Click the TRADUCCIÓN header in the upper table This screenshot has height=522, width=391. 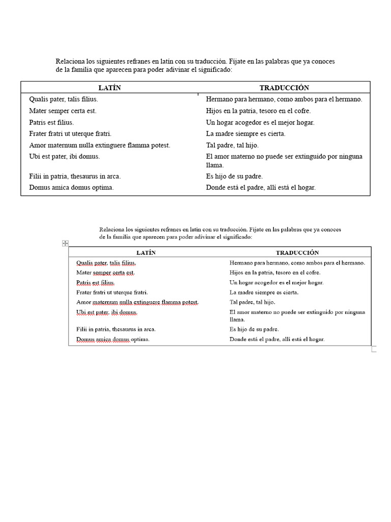[x=284, y=88]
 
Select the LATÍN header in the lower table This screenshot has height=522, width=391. [x=146, y=253]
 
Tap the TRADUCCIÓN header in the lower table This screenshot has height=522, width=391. [x=297, y=253]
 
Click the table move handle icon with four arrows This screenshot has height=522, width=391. [x=65, y=244]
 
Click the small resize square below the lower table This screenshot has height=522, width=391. [x=374, y=349]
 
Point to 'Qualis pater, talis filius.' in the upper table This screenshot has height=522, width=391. [x=64, y=99]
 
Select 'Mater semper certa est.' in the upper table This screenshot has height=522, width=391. [x=63, y=111]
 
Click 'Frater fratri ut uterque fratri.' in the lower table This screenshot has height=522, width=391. [x=112, y=293]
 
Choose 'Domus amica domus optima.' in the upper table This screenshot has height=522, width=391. [x=71, y=187]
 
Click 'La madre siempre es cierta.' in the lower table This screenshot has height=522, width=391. [x=264, y=293]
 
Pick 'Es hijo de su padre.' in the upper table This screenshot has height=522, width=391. [x=234, y=176]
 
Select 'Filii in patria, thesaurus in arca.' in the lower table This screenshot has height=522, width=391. [x=116, y=329]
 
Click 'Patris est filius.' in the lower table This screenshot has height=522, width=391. [x=96, y=282]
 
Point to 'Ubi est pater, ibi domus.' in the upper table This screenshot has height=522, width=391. [x=65, y=156]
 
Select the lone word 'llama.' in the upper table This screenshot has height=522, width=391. [x=215, y=165]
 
